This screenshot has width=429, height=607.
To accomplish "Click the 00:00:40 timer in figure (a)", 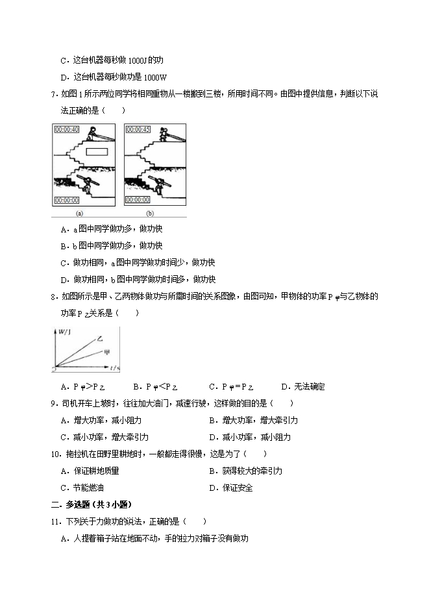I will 67,130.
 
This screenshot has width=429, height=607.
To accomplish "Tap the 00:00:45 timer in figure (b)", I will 138,130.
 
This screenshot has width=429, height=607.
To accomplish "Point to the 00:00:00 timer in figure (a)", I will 67,200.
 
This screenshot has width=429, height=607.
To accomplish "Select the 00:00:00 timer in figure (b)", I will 138,200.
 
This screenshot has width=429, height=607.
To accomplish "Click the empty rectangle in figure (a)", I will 97,152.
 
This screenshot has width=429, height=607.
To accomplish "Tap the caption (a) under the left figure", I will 79,213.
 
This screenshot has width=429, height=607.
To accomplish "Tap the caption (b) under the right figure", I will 150,213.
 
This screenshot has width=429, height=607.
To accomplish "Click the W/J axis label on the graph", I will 64,333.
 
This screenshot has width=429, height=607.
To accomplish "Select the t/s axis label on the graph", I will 114,368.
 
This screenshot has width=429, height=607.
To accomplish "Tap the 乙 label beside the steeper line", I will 100,338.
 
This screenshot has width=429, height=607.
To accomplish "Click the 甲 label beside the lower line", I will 106,353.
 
